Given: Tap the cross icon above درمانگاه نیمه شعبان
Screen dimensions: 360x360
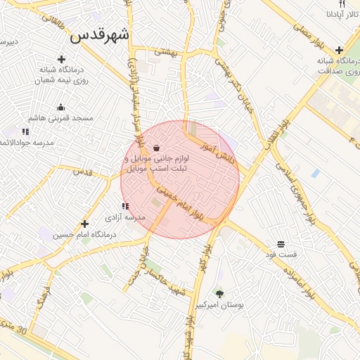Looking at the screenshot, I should pos(61,60).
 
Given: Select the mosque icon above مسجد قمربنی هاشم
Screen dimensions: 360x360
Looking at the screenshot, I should pos(61,108).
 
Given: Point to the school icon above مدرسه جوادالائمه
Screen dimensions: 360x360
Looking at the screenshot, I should pos(25,131).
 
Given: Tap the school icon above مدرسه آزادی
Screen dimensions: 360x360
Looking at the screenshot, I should pos(124,207).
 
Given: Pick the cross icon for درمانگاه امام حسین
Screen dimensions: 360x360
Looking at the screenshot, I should pos(85,223).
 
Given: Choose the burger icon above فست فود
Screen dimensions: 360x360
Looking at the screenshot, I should pos(281,244).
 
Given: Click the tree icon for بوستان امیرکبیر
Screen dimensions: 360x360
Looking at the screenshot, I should pos(219,295).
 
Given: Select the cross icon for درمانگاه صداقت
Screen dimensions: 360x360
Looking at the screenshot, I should pos(340,50).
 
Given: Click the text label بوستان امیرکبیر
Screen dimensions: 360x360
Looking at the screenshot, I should pos(221,307).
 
